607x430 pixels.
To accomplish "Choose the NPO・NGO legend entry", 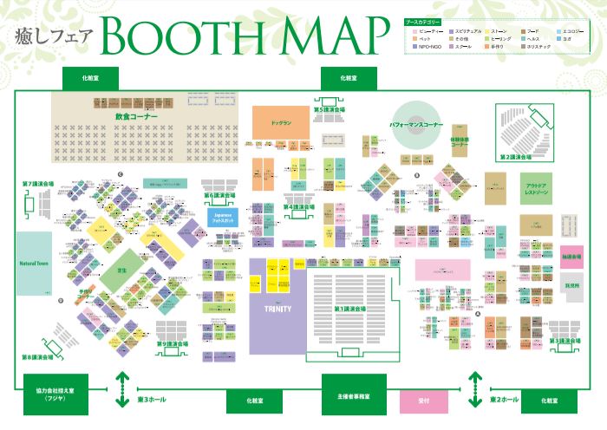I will [x=428, y=47].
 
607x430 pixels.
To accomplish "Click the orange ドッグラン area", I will [x=281, y=123].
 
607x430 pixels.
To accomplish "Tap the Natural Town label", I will [x=34, y=262].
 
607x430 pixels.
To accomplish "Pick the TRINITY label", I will [x=277, y=309].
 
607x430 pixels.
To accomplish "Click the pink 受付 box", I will [x=424, y=401].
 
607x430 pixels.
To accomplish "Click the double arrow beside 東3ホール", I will [x=123, y=389].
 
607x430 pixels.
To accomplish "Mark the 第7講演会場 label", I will [x=38, y=184].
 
